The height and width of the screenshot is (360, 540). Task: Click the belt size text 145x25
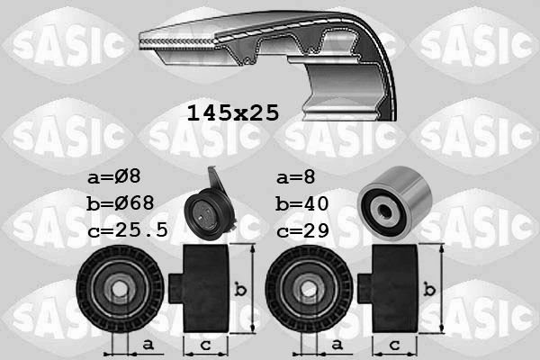(232, 113)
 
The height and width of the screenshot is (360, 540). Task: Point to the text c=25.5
(129, 230)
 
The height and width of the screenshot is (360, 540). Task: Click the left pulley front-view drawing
(120, 289)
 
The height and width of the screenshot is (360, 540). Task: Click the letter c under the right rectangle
(395, 345)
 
